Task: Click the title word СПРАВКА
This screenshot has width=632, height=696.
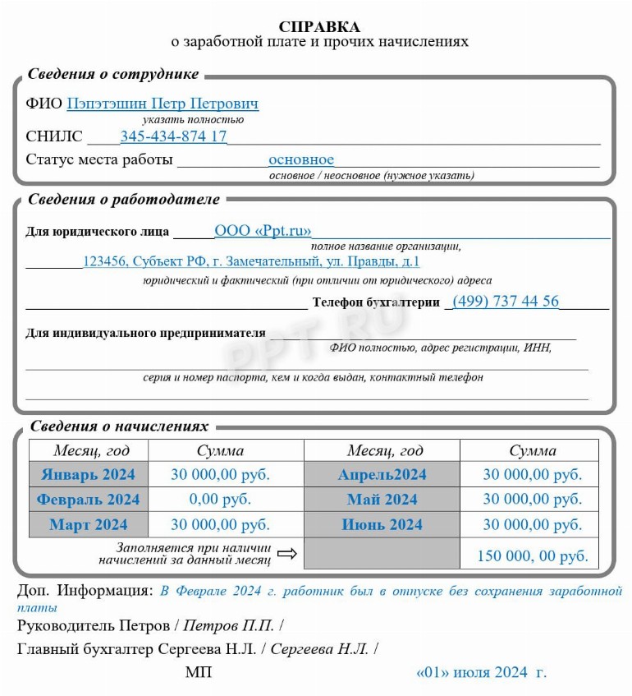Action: click(x=319, y=27)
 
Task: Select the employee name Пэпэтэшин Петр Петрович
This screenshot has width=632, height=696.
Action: click(x=163, y=104)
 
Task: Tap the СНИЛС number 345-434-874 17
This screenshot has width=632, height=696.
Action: click(x=174, y=136)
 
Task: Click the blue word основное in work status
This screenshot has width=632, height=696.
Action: click(x=301, y=159)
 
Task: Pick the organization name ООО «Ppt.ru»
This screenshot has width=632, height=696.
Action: click(x=263, y=231)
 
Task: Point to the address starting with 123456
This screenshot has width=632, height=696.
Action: click(x=251, y=262)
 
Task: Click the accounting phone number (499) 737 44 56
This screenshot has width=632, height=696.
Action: click(x=506, y=302)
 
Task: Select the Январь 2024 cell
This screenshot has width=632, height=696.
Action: click(x=89, y=474)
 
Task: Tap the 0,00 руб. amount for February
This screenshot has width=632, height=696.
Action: click(x=220, y=500)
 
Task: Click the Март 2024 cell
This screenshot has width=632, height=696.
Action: click(x=89, y=525)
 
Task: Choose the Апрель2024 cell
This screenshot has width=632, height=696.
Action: click(x=382, y=474)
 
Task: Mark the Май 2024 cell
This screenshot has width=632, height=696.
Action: click(x=382, y=500)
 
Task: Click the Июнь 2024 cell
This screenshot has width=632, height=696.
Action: click(x=382, y=525)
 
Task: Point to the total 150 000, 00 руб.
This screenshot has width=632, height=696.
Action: click(x=533, y=556)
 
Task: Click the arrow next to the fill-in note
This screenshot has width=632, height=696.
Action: click(x=287, y=554)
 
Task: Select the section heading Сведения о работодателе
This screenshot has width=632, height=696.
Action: click(x=124, y=200)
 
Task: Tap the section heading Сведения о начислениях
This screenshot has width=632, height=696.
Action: click(x=119, y=426)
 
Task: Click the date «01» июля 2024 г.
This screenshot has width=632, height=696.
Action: click(x=481, y=673)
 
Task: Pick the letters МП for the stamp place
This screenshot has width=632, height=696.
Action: click(x=198, y=673)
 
